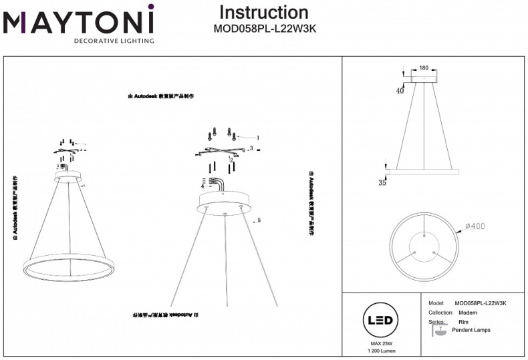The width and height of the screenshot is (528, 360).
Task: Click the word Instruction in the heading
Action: click(x=263, y=12)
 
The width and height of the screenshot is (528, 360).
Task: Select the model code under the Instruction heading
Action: click(x=263, y=29)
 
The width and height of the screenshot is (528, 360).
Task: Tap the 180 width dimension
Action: click(x=423, y=68)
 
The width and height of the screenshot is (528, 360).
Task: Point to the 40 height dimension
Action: click(x=400, y=91)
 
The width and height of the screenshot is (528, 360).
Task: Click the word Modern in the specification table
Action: click(x=468, y=313)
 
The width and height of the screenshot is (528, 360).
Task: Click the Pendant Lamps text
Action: click(x=471, y=331)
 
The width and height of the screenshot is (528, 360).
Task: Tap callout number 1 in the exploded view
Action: click(x=257, y=138)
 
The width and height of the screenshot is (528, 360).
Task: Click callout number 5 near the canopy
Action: click(x=258, y=220)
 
